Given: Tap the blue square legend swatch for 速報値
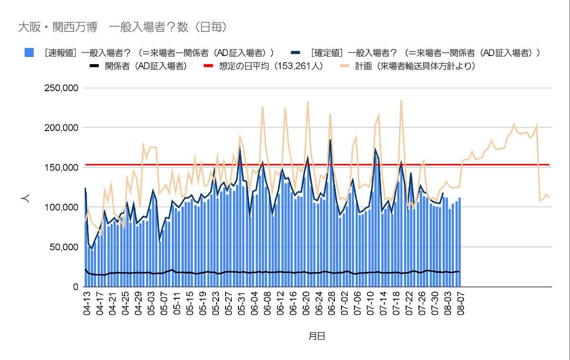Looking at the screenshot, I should (29, 53).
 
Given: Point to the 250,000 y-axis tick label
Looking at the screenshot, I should (61, 88).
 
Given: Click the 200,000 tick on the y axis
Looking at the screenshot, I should (61, 128).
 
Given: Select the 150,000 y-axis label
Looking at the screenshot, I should (61, 168).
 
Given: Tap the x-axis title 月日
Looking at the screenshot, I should (317, 336).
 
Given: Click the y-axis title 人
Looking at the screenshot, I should (26, 199).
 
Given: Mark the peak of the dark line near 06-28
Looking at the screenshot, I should (330, 140).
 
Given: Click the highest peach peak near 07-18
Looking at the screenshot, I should (401, 100).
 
